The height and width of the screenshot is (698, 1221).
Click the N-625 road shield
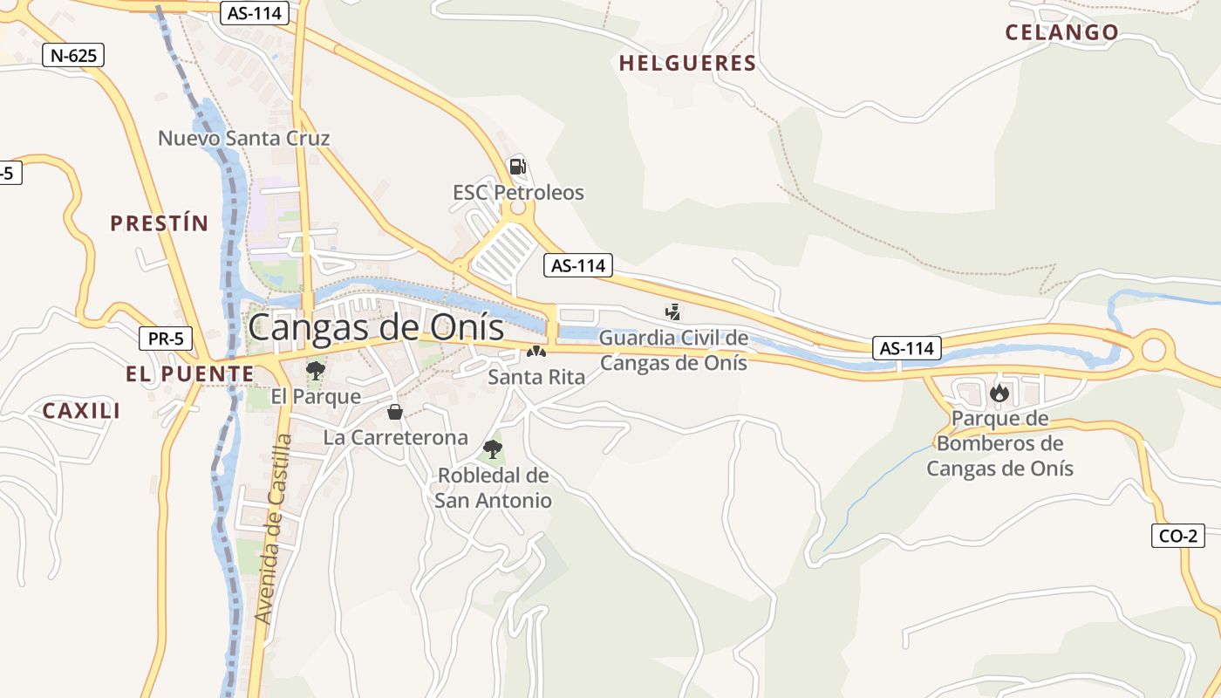[x=73, y=56]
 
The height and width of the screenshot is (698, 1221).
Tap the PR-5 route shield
[x=166, y=339]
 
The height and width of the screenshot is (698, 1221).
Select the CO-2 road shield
[x=1178, y=536]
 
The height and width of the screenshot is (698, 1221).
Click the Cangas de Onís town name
[x=377, y=328]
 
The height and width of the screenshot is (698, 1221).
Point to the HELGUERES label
[x=687, y=63]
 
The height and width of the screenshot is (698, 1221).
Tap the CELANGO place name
[x=1061, y=32]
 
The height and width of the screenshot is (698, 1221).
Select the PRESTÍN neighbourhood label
[x=160, y=223]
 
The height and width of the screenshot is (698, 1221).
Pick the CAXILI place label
[x=82, y=411]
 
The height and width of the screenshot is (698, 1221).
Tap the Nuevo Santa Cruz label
[x=244, y=138]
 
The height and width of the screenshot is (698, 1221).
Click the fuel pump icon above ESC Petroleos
[x=517, y=166]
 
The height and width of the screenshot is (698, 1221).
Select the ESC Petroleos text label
[x=518, y=193]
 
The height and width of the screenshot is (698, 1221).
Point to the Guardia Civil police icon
[x=672, y=311]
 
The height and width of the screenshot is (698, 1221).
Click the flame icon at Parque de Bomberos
[x=999, y=393]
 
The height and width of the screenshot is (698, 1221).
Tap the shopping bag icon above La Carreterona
[x=395, y=412]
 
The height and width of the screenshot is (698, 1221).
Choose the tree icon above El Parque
[x=316, y=371]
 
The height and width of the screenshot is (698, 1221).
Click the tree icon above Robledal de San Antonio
[x=493, y=449]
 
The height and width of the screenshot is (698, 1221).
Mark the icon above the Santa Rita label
[x=535, y=352]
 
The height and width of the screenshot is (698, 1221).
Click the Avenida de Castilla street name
[x=272, y=529]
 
